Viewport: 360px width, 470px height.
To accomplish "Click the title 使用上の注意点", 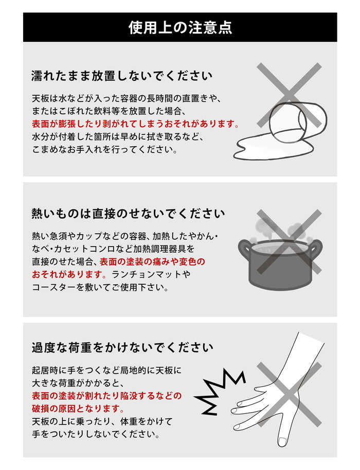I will pos(180,27).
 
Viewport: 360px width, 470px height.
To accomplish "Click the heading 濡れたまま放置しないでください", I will pos(121,76).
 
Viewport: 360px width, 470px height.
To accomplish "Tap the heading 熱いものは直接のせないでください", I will pos(128,213).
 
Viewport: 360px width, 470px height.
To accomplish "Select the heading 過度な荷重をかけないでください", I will pos(122,347).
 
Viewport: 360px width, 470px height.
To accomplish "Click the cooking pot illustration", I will pos(280,263).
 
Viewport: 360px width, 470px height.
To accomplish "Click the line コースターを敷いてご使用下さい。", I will pos(100,287).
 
